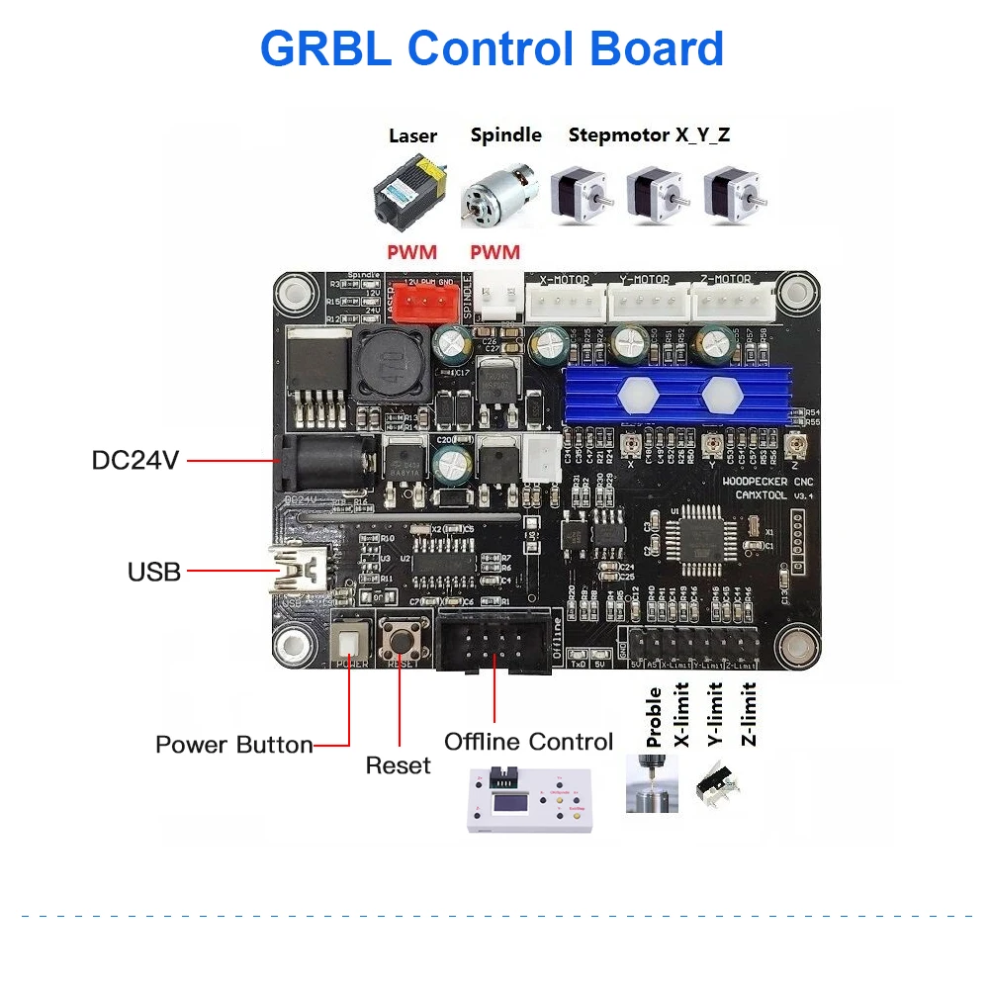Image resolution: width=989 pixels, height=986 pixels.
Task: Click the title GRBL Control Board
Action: tap(492, 47)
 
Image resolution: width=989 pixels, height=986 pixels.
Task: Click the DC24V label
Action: tap(135, 460)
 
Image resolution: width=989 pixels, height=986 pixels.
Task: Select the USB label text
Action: tap(154, 572)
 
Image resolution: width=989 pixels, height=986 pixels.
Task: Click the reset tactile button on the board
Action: tap(402, 642)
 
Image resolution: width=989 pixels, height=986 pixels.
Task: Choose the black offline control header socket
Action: tap(494, 644)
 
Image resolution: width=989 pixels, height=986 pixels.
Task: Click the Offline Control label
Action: tap(528, 742)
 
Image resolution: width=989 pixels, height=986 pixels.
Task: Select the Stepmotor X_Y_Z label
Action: tap(649, 134)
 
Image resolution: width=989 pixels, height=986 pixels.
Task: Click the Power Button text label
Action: tap(233, 745)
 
